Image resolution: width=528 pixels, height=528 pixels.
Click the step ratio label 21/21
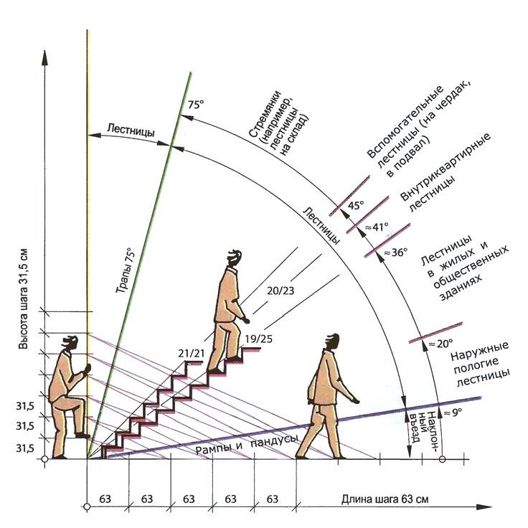(192, 353)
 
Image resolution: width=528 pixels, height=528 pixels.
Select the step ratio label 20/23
(280, 291)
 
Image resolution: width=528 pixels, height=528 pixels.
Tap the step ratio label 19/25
(258, 339)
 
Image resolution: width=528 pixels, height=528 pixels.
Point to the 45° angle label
(356, 204)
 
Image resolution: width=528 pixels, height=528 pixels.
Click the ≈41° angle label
(377, 227)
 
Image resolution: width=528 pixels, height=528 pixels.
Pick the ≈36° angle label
(396, 252)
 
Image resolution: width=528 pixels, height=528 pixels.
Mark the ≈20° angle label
(440, 344)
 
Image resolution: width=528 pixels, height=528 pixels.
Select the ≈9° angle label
(453, 412)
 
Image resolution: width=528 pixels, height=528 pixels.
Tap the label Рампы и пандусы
(247, 445)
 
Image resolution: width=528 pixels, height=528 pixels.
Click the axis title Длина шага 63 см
(385, 499)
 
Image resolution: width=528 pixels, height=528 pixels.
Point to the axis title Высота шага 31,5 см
(23, 299)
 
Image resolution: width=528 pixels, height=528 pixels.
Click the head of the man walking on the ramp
(331, 341)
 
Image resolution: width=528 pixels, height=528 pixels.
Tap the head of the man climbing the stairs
(235, 258)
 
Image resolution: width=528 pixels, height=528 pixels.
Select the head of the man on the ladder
(71, 343)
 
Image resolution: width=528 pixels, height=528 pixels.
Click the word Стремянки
(265, 113)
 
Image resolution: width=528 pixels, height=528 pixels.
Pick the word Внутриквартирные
(445, 166)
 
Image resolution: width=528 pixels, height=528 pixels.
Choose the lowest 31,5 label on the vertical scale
(25, 448)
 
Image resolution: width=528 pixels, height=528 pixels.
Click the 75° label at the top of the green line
(196, 105)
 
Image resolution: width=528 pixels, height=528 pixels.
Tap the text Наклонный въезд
(423, 430)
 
